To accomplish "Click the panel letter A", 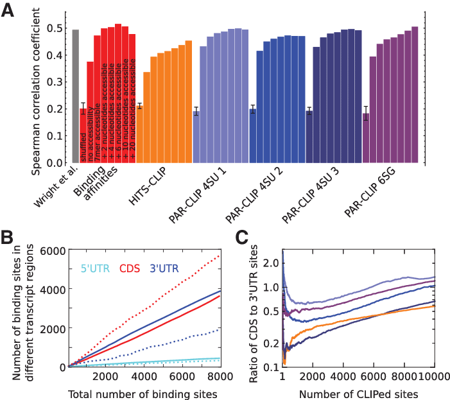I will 8,11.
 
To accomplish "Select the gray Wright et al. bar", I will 75,96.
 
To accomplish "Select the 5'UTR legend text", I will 95,268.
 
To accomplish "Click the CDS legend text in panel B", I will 130,268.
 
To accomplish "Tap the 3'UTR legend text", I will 164,268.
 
